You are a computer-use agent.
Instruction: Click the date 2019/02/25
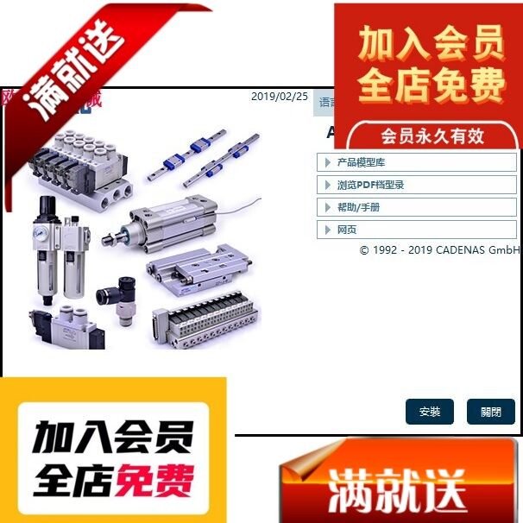tap(279, 97)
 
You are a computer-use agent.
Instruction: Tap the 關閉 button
tap(490, 412)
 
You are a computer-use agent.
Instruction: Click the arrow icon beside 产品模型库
tap(327, 162)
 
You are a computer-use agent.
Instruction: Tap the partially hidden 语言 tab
tap(325, 102)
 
